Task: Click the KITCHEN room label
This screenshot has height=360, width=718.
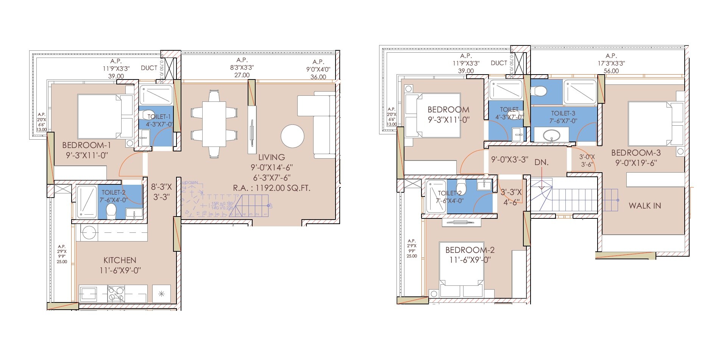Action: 120,260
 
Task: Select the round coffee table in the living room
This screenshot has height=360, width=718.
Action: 292,137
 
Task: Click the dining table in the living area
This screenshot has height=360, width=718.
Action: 214,124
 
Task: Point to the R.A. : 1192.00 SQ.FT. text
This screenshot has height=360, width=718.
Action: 272,188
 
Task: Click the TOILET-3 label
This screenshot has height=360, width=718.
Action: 563,113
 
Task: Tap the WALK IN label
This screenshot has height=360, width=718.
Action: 645,206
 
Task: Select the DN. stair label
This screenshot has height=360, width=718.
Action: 542,162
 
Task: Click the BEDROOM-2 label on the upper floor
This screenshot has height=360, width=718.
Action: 470,250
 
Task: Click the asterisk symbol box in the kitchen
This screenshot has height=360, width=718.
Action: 161,294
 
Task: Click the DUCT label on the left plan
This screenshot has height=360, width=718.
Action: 149,68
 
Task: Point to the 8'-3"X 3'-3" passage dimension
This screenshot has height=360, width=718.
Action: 161,192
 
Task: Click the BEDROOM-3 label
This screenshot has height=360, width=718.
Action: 636,153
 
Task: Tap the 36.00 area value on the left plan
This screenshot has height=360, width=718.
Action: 318,77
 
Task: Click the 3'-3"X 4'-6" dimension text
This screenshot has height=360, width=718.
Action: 511,197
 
